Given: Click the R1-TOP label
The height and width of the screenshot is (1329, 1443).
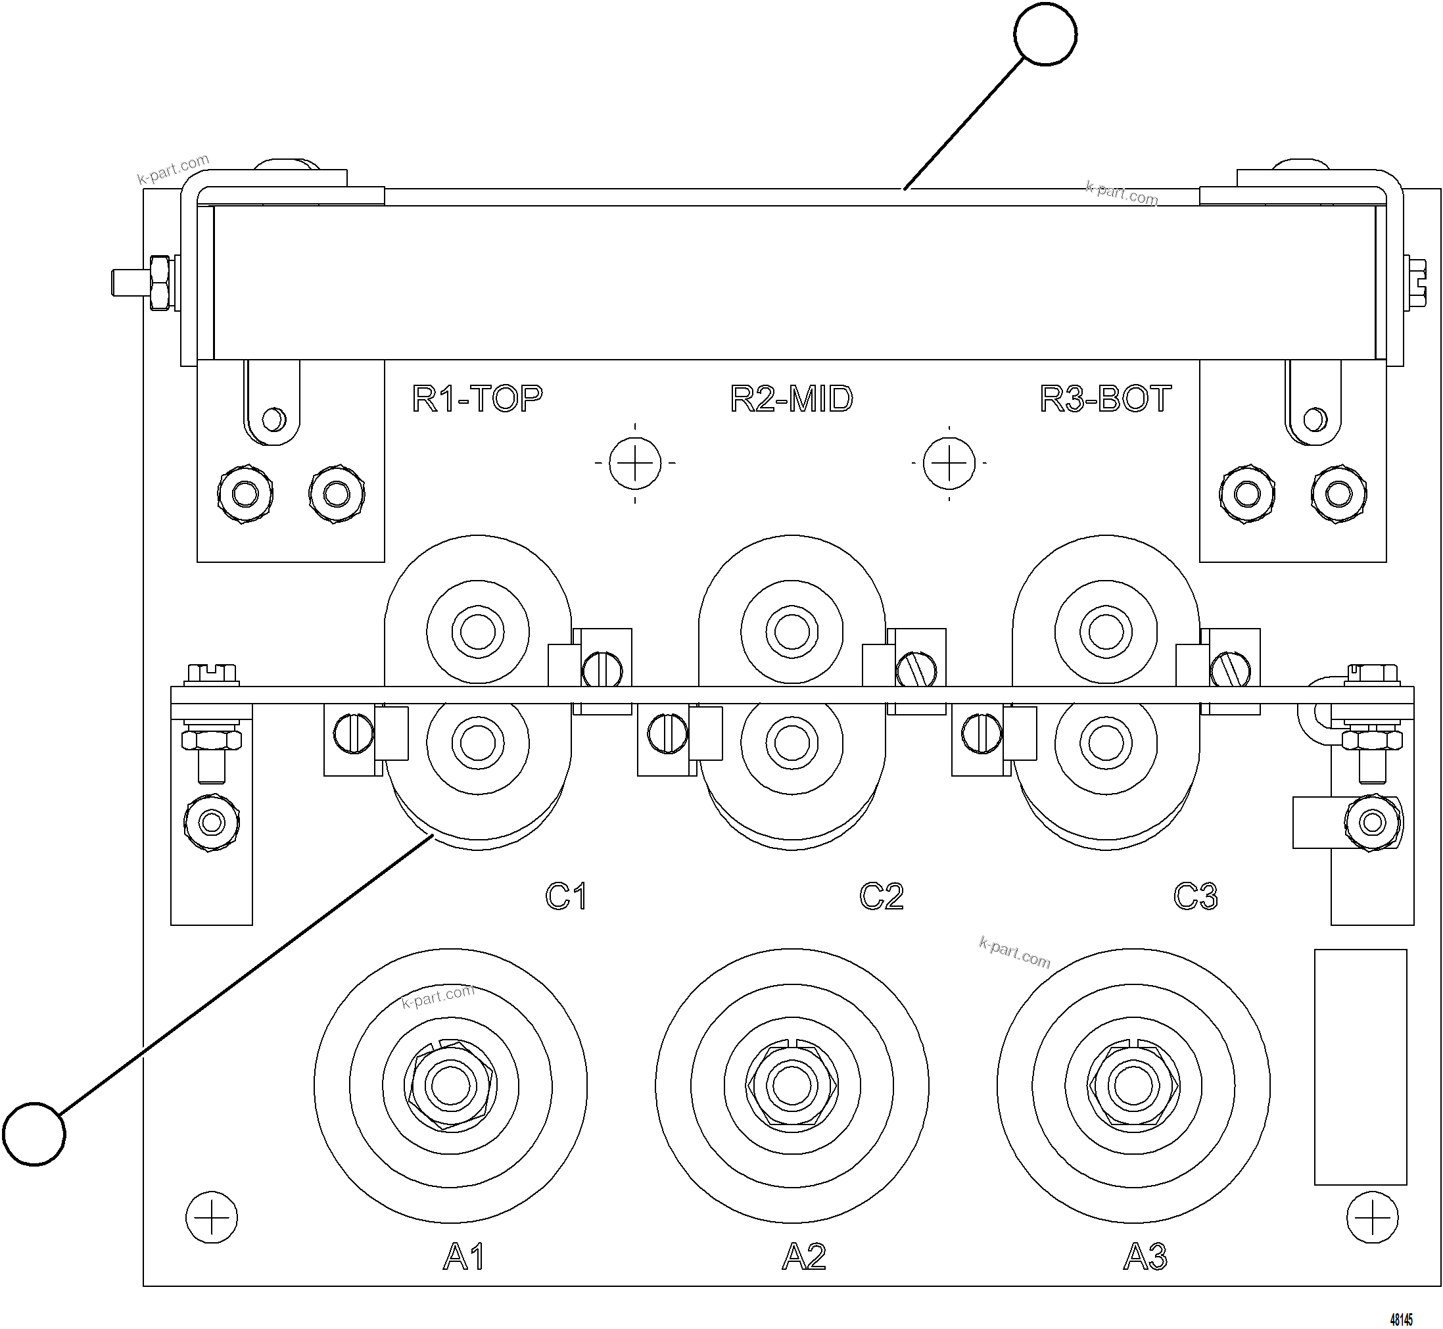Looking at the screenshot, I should coord(477,399).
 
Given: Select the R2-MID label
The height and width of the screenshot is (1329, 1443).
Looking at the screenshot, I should coord(791,399).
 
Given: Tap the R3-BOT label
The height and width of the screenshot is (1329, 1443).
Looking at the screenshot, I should coord(1105,399).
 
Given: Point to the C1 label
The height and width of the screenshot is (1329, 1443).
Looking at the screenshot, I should coord(566,896).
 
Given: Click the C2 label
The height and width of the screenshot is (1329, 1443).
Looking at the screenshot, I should coord(881,896).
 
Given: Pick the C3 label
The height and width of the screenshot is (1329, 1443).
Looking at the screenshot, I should coord(1195,896).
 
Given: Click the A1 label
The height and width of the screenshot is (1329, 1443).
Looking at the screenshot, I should coord(463,1257).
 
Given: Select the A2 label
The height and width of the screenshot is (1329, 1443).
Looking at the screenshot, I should coord(804,1257).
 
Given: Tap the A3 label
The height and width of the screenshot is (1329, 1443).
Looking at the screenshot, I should coord(1145,1257).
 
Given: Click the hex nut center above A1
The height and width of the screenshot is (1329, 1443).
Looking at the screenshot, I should coord(450,1085).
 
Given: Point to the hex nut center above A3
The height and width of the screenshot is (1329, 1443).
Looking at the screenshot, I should coord(1133,1085).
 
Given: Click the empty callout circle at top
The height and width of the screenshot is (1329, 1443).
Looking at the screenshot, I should coord(1045,34).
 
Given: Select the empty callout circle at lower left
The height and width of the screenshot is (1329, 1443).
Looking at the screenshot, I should coord(34,1134).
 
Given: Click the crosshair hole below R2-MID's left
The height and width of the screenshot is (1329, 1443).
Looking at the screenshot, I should coord(635,462).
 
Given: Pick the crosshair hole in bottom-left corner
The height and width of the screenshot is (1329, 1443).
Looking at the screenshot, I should coord(212,1217).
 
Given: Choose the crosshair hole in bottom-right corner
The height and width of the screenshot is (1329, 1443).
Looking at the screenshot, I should coord(1373,1217).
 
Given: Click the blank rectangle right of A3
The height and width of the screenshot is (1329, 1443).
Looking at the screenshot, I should coord(1360,1067).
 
